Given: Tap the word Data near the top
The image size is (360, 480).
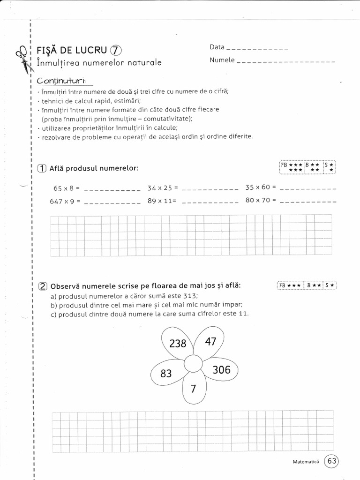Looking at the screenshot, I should [x=217, y=47].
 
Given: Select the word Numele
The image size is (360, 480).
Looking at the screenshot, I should [x=222, y=60].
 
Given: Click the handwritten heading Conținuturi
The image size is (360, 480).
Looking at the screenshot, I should [x=58, y=81].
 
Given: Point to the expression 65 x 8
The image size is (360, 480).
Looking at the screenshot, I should [x=67, y=188].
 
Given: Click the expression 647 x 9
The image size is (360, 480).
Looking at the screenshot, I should [x=65, y=202].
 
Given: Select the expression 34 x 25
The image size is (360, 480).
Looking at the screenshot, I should [x=163, y=188].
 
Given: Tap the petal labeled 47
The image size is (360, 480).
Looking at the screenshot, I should [x=210, y=341].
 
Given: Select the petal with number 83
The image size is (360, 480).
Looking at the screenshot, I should [x=166, y=374].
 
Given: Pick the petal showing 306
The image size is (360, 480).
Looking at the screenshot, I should [x=221, y=370].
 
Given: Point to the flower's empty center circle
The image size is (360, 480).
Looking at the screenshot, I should [x=193, y=363].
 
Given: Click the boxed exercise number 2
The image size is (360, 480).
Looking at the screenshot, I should [x=42, y=286].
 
